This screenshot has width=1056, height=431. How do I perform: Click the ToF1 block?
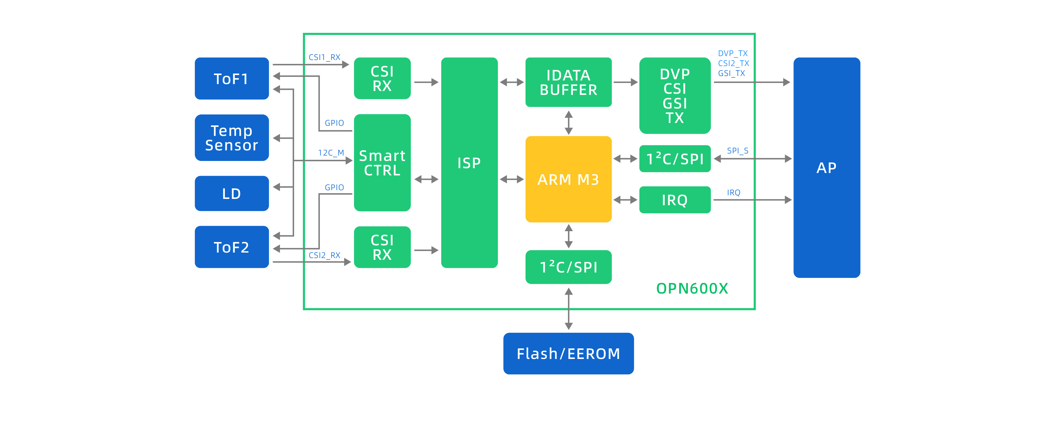coord(231,78)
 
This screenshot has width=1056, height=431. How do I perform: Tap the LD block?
coord(231,193)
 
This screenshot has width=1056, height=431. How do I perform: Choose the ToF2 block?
coord(231,247)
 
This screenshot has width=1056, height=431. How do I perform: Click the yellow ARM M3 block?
coord(568,179)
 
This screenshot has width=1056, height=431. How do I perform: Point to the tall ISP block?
coord(469,162)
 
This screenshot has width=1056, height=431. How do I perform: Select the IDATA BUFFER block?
coord(568,82)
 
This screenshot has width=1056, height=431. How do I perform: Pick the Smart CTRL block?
coord(382,162)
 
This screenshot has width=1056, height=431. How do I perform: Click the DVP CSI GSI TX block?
coord(675,95)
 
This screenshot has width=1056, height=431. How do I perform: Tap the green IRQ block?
coord(675,200)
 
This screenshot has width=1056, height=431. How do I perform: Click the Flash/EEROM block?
coord(568,354)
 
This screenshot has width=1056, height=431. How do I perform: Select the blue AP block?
coord(826,168)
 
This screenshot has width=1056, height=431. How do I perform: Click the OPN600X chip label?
coord(692,288)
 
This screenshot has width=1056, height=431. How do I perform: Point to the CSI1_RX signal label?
coord(324,57)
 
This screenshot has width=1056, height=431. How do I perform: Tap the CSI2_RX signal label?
coord(324,255)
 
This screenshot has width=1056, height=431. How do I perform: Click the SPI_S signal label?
coord(738,151)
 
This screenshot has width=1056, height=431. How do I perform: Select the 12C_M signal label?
coord(331,153)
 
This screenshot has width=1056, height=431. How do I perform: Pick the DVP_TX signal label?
coord(733,53)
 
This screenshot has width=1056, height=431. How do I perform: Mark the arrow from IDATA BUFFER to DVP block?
coord(625,82)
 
